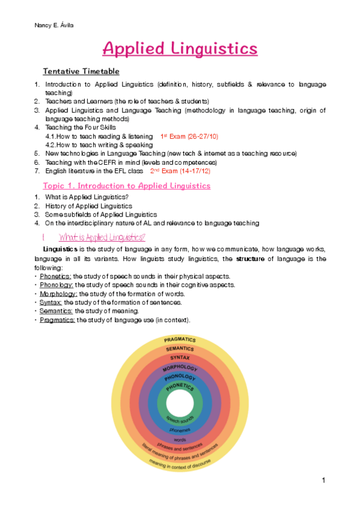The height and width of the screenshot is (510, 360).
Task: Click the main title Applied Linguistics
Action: [x=180, y=48]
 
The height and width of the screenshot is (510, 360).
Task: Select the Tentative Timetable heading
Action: [x=85, y=72]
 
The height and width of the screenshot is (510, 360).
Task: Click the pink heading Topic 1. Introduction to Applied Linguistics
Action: [x=127, y=186]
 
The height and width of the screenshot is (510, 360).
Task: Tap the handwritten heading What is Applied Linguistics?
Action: [x=102, y=237]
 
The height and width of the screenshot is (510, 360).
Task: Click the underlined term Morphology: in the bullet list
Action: [x=58, y=293]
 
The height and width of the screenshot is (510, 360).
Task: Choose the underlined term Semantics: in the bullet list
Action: [x=56, y=311]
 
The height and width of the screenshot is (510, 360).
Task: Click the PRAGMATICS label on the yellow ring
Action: [x=180, y=340]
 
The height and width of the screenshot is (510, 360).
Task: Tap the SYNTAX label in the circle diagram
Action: [x=180, y=358]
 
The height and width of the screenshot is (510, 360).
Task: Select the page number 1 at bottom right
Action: [x=323, y=480]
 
